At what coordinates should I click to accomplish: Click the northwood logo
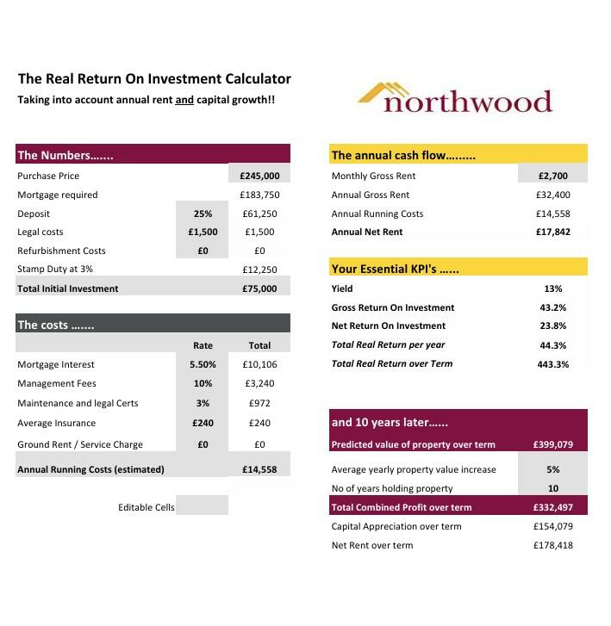(454, 98)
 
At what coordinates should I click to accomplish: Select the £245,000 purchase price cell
(259, 176)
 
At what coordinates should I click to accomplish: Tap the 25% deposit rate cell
(203, 214)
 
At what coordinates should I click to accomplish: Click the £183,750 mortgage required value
(259, 195)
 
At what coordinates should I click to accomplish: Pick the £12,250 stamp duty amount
(259, 270)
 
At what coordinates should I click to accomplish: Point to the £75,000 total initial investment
(259, 288)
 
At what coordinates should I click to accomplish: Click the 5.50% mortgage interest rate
(203, 364)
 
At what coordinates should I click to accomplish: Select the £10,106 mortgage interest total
(259, 364)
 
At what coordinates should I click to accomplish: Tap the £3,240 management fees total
(259, 383)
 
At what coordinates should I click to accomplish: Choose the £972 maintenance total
(259, 403)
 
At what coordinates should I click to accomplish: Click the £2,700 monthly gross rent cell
(552, 176)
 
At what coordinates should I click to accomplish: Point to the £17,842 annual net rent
(552, 232)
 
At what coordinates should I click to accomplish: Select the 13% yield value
(552, 288)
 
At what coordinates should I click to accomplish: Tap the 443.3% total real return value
(552, 363)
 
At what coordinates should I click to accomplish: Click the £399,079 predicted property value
(552, 445)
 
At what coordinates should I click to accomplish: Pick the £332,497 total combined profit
(552, 507)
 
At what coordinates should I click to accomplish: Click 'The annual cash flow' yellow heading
(458, 155)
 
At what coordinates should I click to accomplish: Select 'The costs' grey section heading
(153, 325)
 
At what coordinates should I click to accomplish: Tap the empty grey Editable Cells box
(203, 506)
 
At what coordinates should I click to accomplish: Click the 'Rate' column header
(203, 345)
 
